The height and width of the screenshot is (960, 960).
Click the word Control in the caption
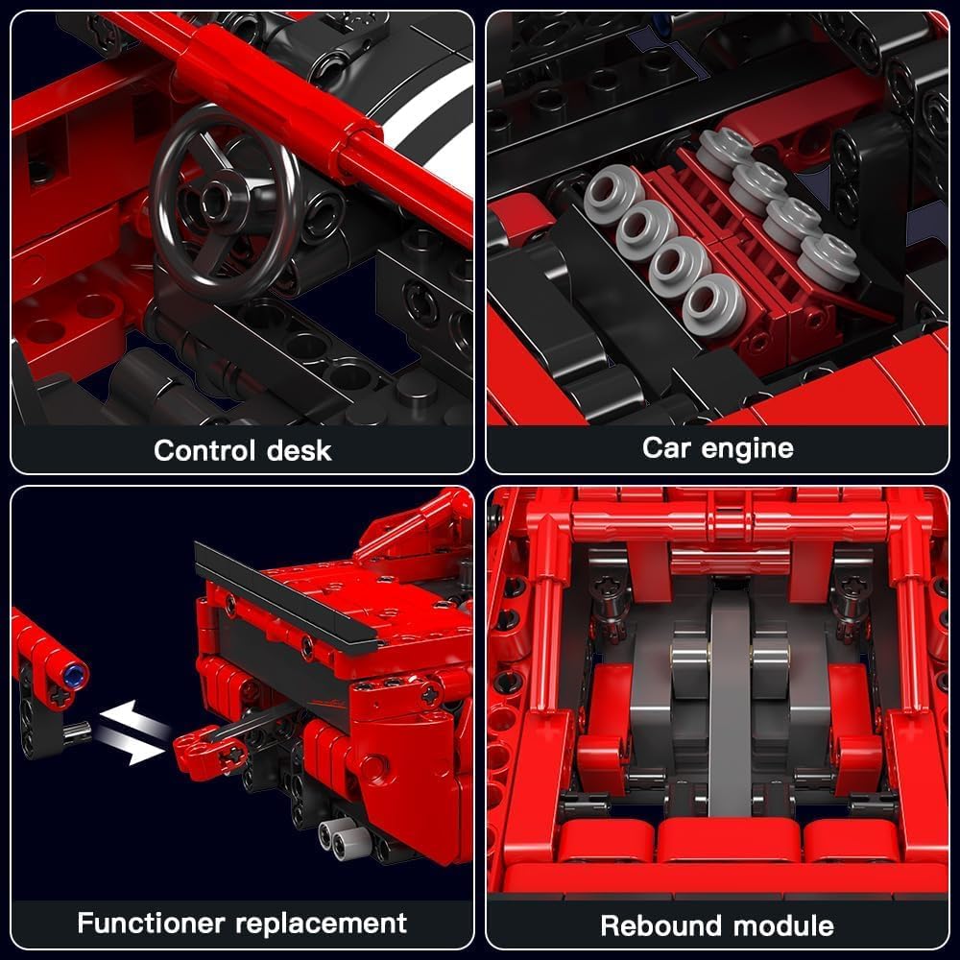pos(204,450)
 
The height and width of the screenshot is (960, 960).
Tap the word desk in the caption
pos(300,450)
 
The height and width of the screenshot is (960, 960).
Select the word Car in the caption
pos(667,447)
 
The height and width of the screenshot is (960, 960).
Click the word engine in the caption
pos(748,449)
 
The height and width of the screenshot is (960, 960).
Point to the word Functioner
pos(151,923)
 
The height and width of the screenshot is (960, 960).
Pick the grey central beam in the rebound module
pos(730,698)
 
